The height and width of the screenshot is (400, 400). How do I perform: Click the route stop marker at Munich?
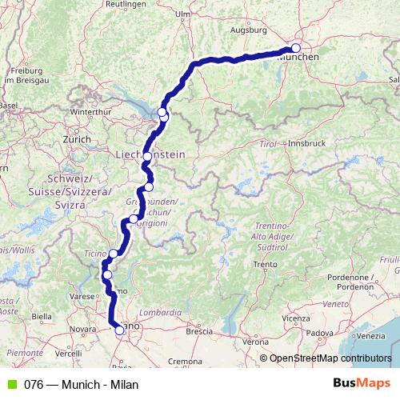[296, 48]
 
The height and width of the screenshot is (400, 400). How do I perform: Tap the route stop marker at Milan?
[119, 329]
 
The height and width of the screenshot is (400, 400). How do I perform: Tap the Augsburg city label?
[249, 30]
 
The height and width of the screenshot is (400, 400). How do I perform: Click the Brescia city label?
[198, 330]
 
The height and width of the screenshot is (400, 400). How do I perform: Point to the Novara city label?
[82, 329]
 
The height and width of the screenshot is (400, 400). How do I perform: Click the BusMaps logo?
[362, 383]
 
